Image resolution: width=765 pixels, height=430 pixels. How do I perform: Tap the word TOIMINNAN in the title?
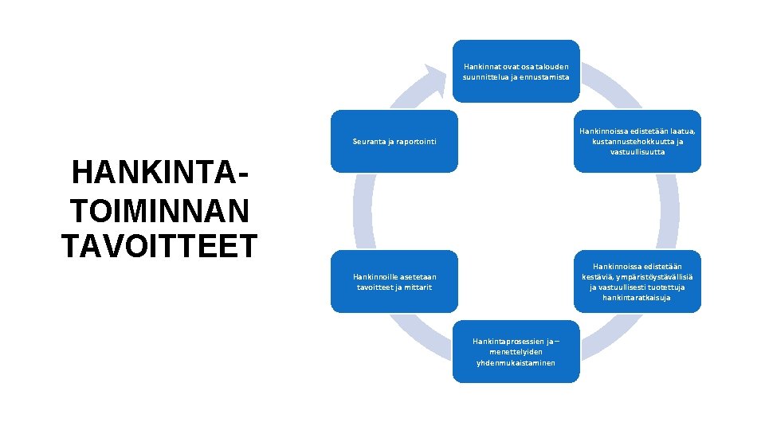tap(159, 210)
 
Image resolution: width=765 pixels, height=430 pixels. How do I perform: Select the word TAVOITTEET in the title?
tap(159, 246)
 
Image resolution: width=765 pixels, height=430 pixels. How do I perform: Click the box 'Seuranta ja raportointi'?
tap(394, 142)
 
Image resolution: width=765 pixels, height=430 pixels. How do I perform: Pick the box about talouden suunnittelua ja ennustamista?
tap(516, 71)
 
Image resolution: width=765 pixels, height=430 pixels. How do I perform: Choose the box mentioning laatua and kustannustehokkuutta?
tap(637, 141)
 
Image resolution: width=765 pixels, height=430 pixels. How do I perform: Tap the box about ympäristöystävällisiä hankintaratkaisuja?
tap(637, 282)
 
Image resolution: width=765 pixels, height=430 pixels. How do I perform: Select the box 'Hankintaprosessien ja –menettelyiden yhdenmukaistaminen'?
tap(516, 352)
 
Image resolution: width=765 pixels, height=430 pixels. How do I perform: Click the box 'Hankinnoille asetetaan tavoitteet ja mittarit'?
tap(394, 282)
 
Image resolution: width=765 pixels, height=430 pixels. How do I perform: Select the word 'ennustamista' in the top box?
tap(543, 76)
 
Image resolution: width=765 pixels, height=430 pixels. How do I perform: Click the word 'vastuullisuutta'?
tap(637, 152)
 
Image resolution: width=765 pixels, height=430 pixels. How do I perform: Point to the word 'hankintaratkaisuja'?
tap(637, 298)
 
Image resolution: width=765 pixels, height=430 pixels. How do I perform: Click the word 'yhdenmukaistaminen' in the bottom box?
tap(516, 363)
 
